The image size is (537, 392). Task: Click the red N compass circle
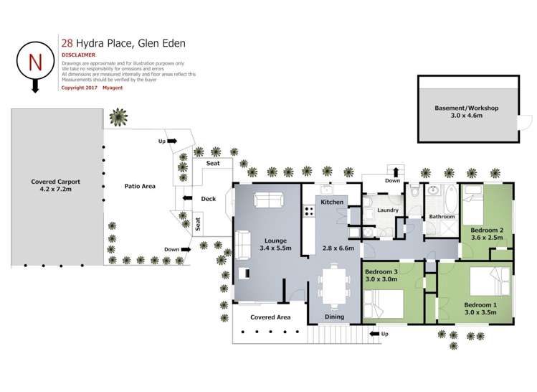coord(34,62)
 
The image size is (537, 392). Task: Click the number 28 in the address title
coord(69,42)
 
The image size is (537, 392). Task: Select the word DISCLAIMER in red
coord(80,55)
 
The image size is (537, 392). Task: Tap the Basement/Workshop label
coord(466,108)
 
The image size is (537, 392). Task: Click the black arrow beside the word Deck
coord(187,198)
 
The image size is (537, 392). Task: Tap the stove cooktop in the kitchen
coord(310,211)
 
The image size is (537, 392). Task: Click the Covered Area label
coord(270,317)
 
